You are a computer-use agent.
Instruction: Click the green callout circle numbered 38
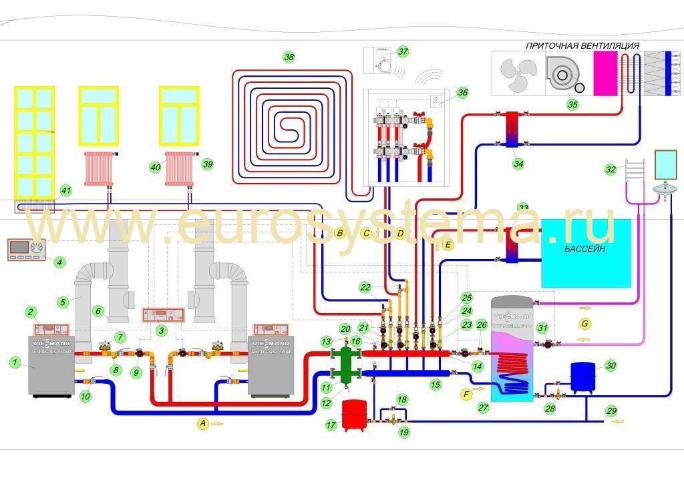(289, 57)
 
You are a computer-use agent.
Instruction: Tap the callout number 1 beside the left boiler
(13, 362)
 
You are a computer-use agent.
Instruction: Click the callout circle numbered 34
(518, 163)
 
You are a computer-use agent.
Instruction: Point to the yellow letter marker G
(585, 322)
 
